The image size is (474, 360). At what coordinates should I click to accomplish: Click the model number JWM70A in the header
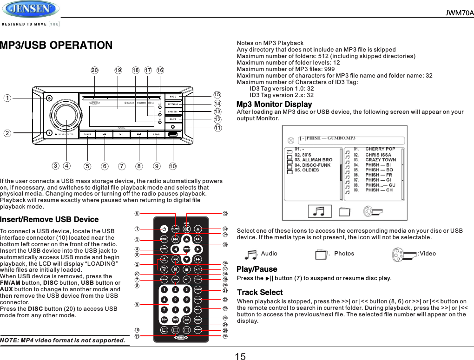point(459,13)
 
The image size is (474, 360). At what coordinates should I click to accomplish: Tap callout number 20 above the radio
point(95,71)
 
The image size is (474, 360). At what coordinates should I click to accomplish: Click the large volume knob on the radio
point(67,115)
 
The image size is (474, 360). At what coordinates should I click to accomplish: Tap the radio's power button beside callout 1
point(49,98)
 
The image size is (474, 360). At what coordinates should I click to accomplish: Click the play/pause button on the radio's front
point(121,135)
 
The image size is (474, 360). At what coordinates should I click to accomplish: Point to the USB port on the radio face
point(173,135)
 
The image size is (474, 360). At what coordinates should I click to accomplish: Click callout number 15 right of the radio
point(217,95)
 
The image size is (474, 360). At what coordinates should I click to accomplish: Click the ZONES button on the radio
point(87,135)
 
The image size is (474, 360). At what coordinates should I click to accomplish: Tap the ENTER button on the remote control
point(186,249)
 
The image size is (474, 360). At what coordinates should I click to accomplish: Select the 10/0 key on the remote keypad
point(175,319)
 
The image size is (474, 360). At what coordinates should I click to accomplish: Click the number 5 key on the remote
point(175,299)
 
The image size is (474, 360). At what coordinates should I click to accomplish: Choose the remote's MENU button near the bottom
point(198,329)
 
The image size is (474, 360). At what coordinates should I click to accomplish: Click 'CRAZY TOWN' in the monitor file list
point(380,160)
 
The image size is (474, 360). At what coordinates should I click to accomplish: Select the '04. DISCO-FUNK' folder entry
point(312,165)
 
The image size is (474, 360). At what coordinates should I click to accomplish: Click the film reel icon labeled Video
point(404,254)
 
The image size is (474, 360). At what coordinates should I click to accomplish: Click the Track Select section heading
point(260,292)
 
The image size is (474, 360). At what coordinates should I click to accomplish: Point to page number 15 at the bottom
point(240,356)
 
